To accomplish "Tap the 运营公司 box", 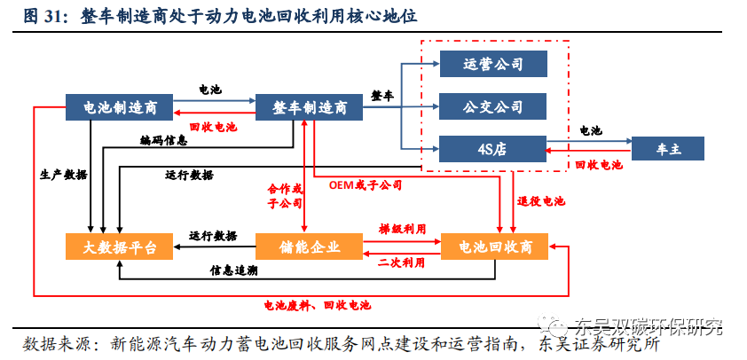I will point(492,64).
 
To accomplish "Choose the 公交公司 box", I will point(492,106).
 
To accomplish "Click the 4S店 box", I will point(492,149).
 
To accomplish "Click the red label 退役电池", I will point(542,201).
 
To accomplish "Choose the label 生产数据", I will point(64,175).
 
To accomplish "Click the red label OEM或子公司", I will point(365,185).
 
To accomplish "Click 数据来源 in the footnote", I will point(56,343).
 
